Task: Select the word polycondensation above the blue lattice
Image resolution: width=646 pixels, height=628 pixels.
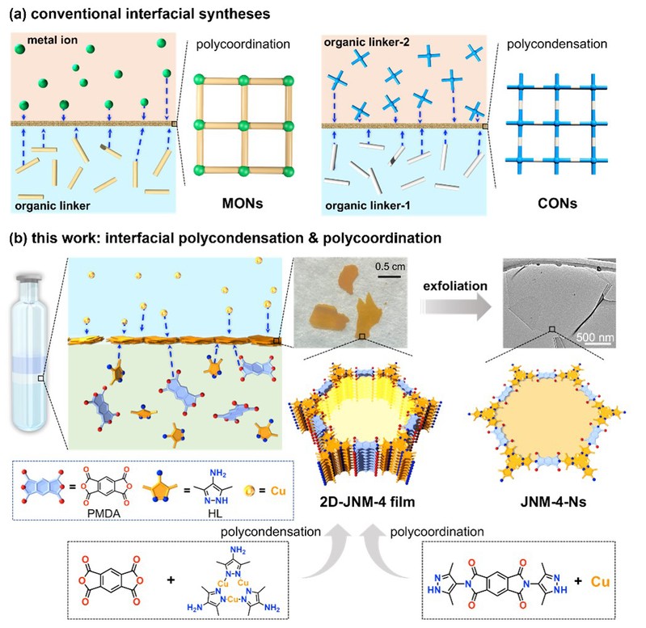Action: click(x=549, y=39)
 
